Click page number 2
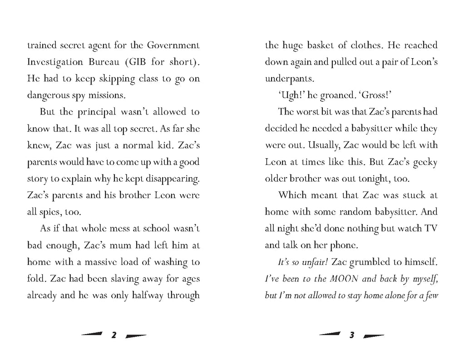[114, 336]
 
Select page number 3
[352, 336]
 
